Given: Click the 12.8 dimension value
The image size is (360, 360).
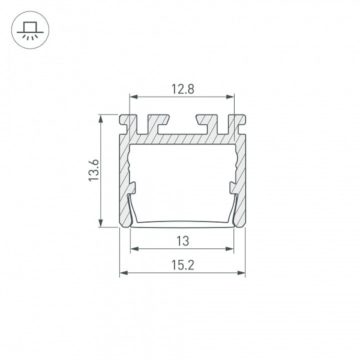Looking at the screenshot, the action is tap(183, 89).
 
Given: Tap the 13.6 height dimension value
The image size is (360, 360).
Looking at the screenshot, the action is tap(94, 170).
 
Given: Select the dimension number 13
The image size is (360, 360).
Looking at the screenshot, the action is tap(183, 241).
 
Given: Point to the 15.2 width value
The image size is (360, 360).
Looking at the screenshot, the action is tap(183, 265).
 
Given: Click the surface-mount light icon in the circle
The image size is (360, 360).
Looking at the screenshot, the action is tap(30, 30).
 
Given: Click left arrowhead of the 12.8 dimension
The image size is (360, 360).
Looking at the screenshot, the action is tap(133, 97).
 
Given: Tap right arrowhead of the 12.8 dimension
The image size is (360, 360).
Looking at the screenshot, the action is tap(230, 97).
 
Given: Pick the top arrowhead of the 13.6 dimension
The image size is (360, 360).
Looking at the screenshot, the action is tap(101, 119).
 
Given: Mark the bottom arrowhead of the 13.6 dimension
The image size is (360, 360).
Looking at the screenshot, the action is tap(101, 223).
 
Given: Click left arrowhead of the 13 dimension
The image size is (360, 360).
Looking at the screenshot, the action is tap(134, 248).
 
